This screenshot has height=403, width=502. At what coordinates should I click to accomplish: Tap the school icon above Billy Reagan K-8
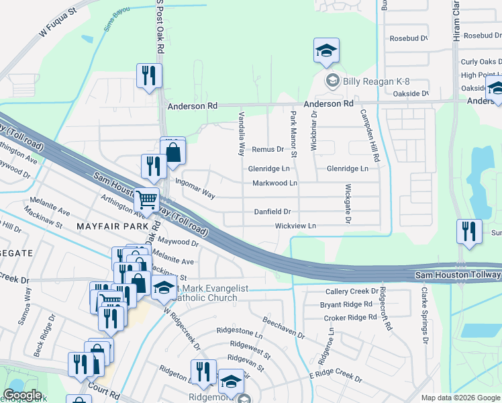pos(326,51)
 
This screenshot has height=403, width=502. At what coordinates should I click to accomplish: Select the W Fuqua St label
pos(58,20)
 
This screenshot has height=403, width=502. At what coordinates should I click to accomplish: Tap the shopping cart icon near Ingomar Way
pos(147,199)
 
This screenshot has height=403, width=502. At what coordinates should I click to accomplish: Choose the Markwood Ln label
pos(274,183)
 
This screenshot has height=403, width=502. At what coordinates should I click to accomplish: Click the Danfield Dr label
pos(272,212)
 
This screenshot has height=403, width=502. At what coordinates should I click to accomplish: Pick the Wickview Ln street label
pos(295,226)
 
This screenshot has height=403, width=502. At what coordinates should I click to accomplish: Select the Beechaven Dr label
pos(283,327)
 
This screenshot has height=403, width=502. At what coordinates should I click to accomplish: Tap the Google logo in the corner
pos(23,395)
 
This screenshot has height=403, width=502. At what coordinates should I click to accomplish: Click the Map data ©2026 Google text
pos(460,398)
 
